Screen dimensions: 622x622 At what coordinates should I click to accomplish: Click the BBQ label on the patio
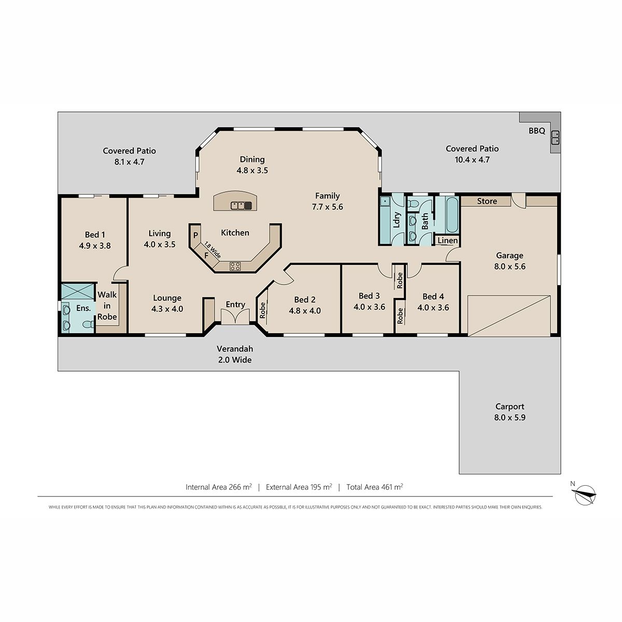[536, 131]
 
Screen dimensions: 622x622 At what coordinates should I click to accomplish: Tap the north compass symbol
[585, 494]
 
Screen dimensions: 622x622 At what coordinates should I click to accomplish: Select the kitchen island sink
[241, 205]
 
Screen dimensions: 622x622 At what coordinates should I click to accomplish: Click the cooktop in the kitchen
[235, 266]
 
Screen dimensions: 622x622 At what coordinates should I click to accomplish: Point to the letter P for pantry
[195, 235]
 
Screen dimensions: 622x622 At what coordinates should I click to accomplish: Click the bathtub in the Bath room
[452, 214]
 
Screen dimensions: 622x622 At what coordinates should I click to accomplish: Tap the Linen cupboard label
[447, 241]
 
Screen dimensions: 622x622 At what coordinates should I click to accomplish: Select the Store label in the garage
[487, 201]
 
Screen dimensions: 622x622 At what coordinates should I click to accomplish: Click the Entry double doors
[235, 316]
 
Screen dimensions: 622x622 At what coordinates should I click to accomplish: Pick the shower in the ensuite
[77, 291]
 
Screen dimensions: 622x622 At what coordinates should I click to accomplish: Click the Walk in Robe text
[107, 306]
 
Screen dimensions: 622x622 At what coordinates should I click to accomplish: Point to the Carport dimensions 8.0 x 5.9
[510, 417]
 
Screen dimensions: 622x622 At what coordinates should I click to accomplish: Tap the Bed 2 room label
[305, 300]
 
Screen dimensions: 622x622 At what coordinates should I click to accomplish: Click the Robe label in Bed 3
[400, 280]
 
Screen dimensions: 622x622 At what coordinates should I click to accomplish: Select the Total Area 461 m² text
[375, 487]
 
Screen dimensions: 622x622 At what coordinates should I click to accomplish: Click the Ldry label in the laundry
[397, 220]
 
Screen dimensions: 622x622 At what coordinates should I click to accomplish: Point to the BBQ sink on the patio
[555, 138]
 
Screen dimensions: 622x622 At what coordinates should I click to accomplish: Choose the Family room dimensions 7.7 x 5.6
[327, 207]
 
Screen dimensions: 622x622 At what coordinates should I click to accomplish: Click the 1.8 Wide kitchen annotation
[213, 250]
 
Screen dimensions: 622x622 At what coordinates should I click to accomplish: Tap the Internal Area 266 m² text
[219, 487]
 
